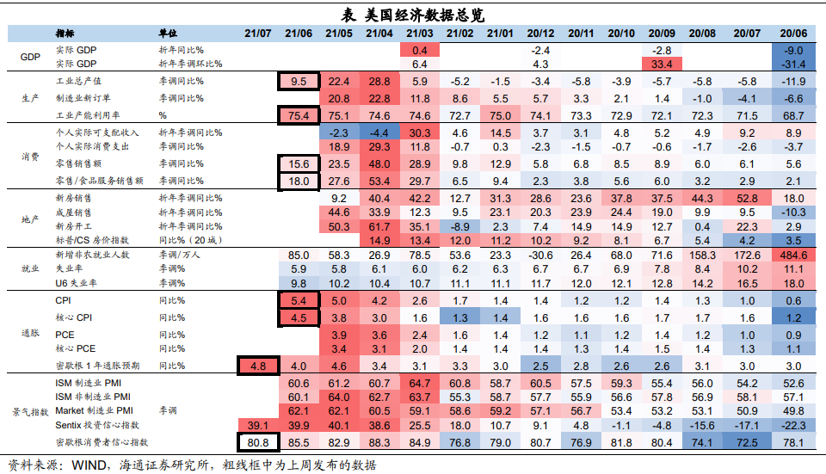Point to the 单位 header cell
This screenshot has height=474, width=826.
(170, 33)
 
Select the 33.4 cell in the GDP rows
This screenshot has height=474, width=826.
(662, 64)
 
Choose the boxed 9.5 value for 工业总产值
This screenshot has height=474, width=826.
(299, 81)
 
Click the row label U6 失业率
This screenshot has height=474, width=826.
(77, 283)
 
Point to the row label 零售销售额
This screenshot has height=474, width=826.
(79, 163)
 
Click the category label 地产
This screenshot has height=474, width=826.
(30, 219)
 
